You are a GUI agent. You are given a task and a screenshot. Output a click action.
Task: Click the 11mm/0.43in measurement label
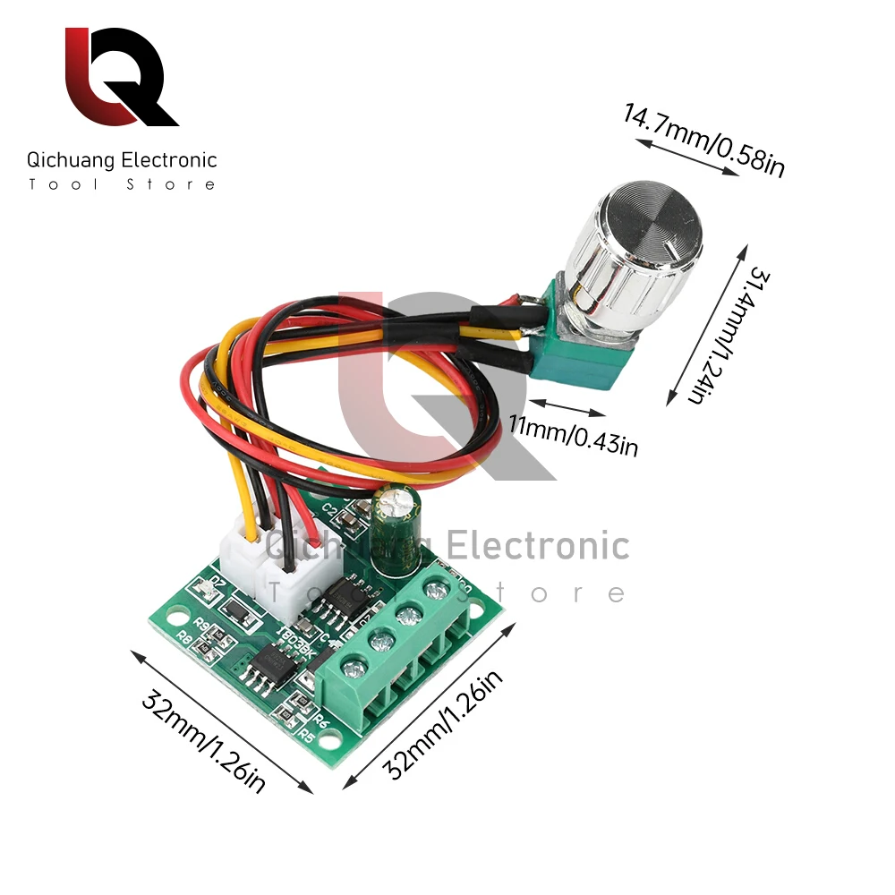(573, 433)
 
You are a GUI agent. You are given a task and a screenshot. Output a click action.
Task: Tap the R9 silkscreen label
(201, 624)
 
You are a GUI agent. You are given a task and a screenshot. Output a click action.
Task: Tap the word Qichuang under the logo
(71, 161)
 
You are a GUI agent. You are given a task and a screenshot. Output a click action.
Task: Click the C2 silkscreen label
(328, 511)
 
